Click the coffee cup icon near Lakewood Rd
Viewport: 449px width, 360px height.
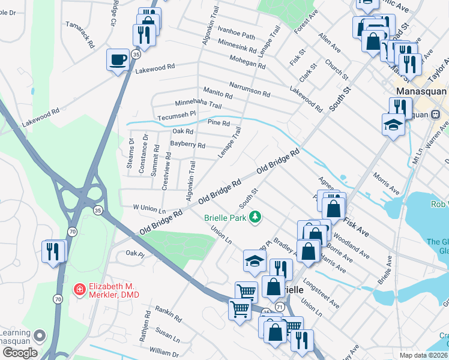[118, 59]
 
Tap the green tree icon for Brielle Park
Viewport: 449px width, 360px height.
[256, 217]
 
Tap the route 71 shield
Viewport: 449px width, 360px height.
[280, 307]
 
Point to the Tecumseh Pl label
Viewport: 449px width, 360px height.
[176, 115]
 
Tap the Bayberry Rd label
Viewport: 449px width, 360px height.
[187, 145]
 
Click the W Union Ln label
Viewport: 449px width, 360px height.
[149, 208]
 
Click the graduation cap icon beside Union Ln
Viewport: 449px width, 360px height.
[255, 260]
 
